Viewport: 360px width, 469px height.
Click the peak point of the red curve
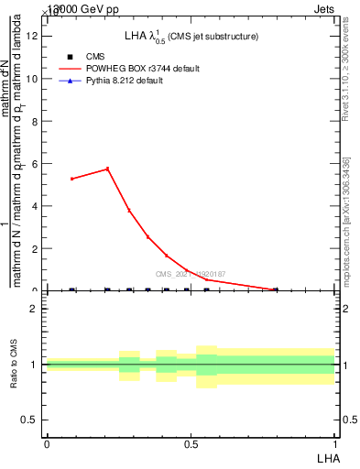click(x=108, y=169)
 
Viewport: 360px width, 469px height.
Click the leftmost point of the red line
click(x=72, y=179)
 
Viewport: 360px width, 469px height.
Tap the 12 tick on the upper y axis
click(x=35, y=36)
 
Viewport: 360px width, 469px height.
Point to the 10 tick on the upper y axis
click(x=35, y=79)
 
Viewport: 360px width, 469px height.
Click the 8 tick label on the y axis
click(x=35, y=121)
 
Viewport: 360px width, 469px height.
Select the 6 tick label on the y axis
click(x=35, y=164)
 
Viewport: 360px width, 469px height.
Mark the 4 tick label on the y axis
click(x=35, y=206)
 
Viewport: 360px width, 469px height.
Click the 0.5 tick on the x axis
click(x=191, y=443)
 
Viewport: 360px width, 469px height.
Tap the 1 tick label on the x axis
click(x=334, y=443)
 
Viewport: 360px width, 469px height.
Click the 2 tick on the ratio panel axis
click(x=35, y=309)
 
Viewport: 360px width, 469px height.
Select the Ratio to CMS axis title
click(x=14, y=364)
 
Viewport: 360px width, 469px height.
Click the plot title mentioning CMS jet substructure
click(x=191, y=36)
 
